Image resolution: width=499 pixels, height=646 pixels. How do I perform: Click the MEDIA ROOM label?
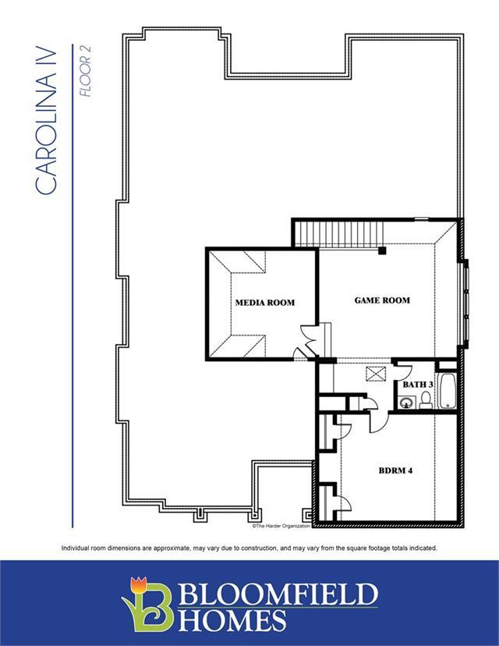[x=265, y=303]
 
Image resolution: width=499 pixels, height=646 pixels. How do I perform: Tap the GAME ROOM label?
[x=382, y=300]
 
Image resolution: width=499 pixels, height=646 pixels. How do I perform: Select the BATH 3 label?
[x=417, y=385]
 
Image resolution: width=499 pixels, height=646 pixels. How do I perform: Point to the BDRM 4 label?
[x=395, y=470]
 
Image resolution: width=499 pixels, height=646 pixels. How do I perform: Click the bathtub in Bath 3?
[x=448, y=391]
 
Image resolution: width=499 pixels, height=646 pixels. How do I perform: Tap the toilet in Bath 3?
[x=426, y=400]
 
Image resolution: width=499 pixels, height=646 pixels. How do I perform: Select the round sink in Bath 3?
[x=406, y=403]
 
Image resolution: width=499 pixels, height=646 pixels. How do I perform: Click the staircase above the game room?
[x=339, y=234]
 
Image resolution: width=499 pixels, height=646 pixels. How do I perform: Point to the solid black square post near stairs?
[x=383, y=250]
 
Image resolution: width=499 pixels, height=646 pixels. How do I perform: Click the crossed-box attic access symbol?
[x=375, y=374]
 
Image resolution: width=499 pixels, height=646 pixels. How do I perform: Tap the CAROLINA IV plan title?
[x=46, y=120]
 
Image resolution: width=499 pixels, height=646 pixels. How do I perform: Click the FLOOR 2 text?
[x=85, y=71]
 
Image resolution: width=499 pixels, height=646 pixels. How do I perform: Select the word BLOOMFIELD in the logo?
[x=278, y=594]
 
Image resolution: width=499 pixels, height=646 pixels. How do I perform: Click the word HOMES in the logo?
[x=232, y=620]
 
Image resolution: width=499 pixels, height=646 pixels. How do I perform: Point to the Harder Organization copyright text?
[x=281, y=526]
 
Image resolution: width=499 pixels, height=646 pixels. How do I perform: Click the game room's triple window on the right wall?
[x=466, y=304]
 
